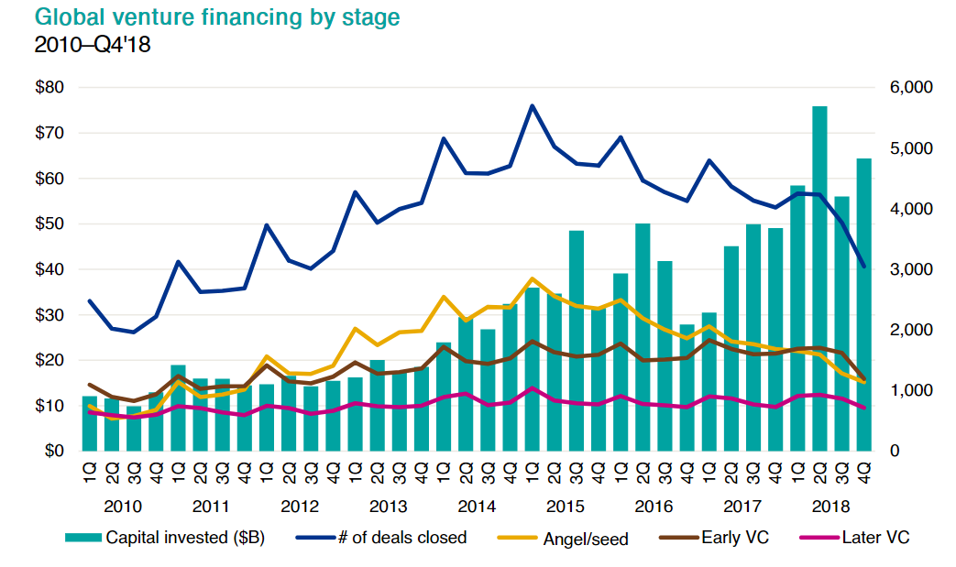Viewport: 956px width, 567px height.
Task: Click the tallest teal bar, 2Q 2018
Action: [x=819, y=278]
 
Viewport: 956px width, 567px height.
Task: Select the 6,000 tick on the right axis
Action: [x=911, y=88]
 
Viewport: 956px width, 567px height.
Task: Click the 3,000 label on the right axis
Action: [x=911, y=269]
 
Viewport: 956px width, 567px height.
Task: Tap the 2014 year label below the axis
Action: [x=477, y=506]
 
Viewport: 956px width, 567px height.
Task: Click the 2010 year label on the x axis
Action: [x=123, y=506]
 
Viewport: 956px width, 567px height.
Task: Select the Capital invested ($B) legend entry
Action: [x=166, y=538]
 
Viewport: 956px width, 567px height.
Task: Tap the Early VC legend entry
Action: [x=716, y=538]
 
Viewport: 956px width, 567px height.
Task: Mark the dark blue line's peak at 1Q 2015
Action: [x=532, y=106]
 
